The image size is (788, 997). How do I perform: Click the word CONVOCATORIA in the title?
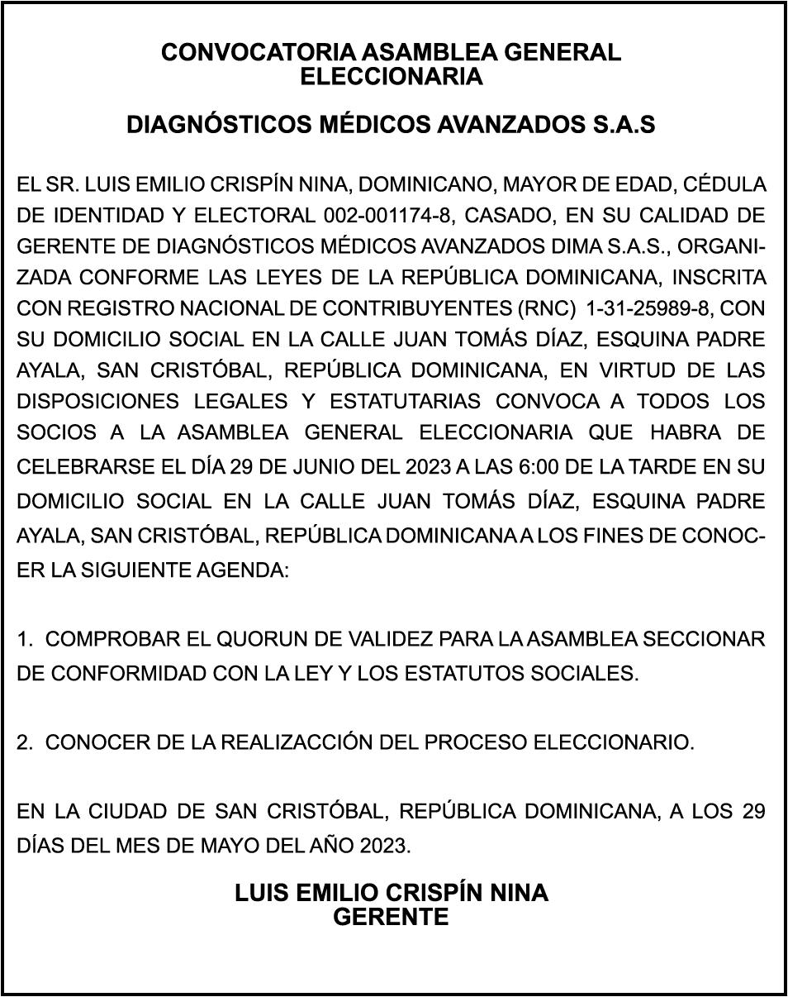pos(258,53)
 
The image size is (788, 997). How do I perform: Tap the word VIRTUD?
pos(591,370)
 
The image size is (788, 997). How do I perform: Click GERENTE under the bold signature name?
pos(391,917)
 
